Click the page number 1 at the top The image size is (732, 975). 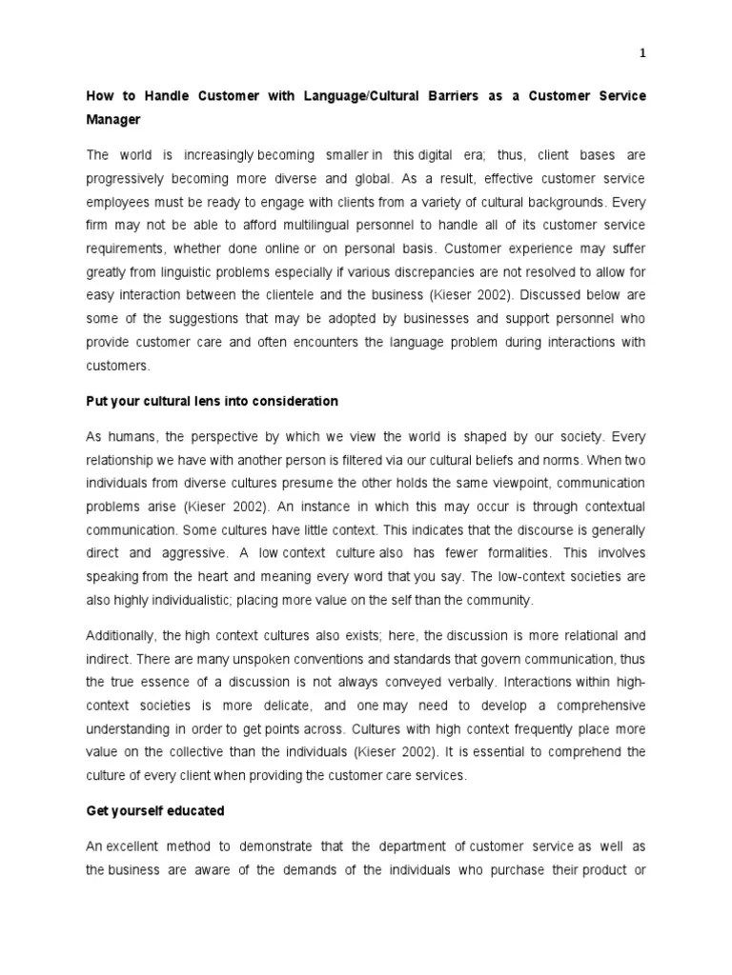point(642,53)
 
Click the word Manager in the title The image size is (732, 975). point(114,121)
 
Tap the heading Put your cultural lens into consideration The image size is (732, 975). point(212,401)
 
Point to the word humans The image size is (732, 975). point(133,437)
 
